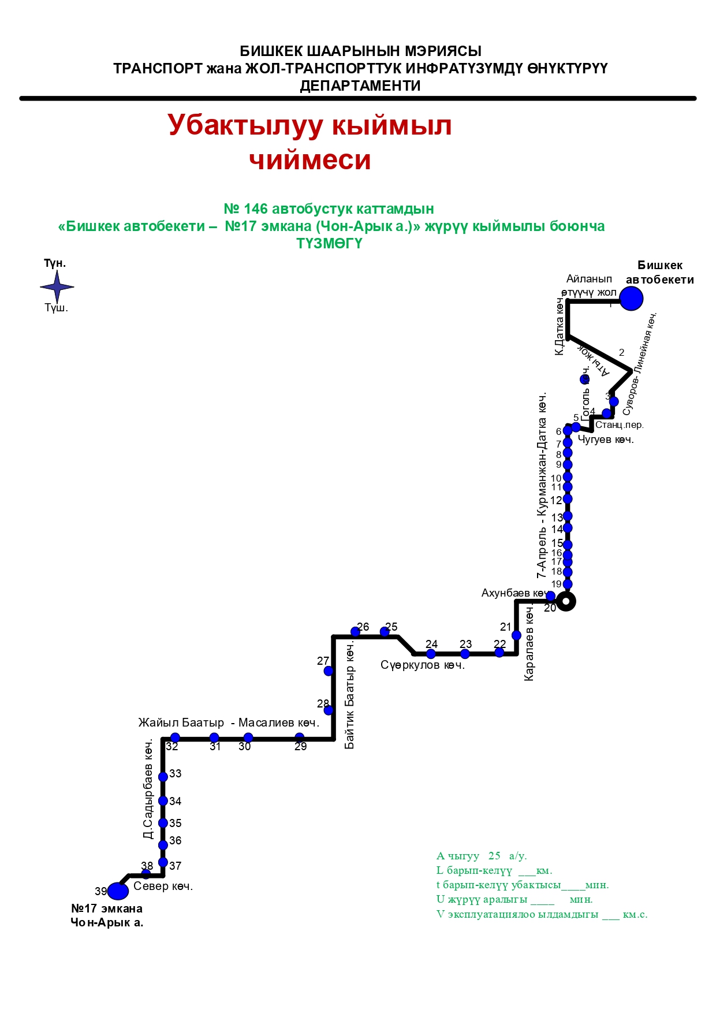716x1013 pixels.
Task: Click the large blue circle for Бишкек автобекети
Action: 631,299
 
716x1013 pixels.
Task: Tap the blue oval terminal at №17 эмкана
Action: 118,891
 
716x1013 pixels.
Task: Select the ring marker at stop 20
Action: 566,601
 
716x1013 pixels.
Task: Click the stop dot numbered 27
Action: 329,671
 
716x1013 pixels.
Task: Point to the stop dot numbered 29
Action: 300,737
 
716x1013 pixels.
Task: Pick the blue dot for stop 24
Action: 431,654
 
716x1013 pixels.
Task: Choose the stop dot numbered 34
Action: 163,801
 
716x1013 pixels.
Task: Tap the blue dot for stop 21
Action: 517,635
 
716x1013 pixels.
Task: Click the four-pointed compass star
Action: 57,286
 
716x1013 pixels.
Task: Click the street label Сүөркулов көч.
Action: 423,665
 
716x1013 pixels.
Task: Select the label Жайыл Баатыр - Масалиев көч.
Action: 229,723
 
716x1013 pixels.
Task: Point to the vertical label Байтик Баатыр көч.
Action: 350,697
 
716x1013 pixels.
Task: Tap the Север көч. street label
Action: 163,886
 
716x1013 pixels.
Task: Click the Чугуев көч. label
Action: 606,440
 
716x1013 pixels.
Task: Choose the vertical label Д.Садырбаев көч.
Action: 148,789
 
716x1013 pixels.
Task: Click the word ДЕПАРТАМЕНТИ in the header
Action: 360,85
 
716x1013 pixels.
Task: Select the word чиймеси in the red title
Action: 310,160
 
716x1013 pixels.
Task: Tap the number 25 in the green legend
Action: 494,856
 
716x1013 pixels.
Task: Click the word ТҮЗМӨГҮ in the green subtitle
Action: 330,243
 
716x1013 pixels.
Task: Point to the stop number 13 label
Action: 557,517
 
